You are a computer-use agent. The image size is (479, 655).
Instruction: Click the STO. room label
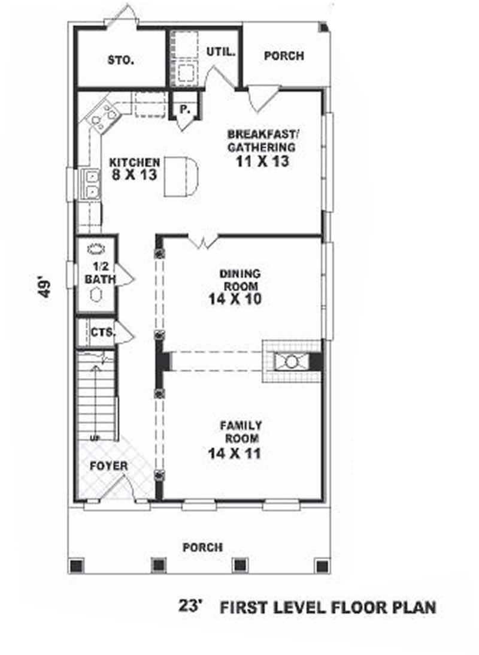click(x=120, y=60)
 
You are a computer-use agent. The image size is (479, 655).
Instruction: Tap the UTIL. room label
click(x=220, y=52)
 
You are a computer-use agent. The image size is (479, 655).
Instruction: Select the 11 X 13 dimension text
click(x=263, y=161)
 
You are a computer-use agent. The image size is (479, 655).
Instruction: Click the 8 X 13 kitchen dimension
click(x=134, y=175)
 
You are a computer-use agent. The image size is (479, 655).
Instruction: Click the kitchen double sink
click(x=92, y=184)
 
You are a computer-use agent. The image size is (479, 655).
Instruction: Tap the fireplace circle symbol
click(x=292, y=362)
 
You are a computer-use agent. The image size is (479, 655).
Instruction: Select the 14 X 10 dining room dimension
click(x=235, y=300)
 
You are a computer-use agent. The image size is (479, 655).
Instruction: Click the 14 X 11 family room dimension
click(x=235, y=454)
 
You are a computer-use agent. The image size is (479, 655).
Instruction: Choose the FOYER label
click(x=108, y=466)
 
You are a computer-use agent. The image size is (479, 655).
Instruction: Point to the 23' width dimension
click(x=192, y=606)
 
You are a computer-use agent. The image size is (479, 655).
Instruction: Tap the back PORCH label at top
click(x=284, y=56)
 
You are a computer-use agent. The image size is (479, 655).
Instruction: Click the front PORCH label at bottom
click(x=202, y=547)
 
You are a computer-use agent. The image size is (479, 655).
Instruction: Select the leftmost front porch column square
click(x=76, y=565)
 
